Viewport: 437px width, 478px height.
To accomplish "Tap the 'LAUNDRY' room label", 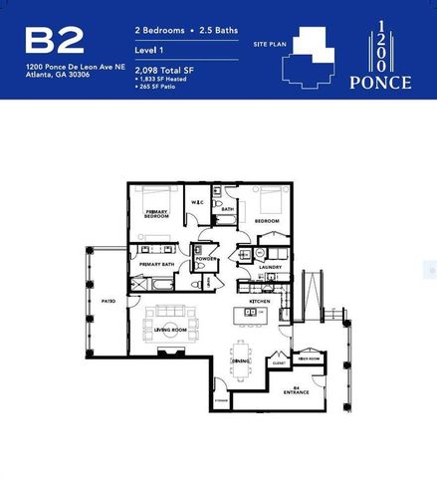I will coord(271,267).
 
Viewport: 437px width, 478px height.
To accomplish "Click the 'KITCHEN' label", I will coord(261,300).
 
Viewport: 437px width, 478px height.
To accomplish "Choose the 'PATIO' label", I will coord(109,299).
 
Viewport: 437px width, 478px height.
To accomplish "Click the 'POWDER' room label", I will coord(206,259).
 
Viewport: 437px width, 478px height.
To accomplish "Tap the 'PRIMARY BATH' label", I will coord(157,264).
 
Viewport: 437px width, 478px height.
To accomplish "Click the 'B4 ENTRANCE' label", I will coord(296,390).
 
